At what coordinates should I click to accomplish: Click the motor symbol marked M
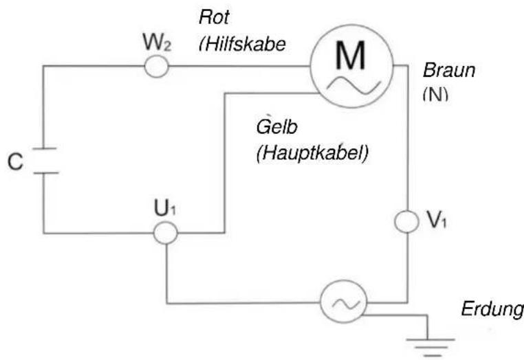tap(351, 67)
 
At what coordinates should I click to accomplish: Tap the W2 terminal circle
tap(156, 67)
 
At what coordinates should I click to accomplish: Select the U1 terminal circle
tap(165, 233)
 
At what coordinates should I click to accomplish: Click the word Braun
tap(449, 71)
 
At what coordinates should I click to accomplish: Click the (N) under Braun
tap(435, 93)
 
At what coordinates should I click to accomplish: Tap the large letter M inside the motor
tap(351, 58)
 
